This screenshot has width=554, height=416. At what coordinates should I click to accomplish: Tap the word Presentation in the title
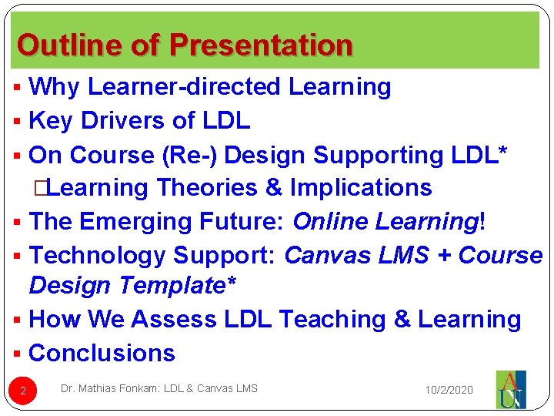[x=261, y=45]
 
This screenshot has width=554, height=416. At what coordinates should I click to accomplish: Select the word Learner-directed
[x=184, y=87]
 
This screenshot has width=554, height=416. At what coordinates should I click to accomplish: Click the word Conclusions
[x=102, y=353]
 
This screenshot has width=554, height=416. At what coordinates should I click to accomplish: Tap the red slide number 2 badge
[x=23, y=391]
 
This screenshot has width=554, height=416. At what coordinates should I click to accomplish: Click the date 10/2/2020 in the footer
[x=450, y=391]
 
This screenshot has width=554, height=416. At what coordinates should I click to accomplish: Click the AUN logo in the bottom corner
[x=510, y=390]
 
